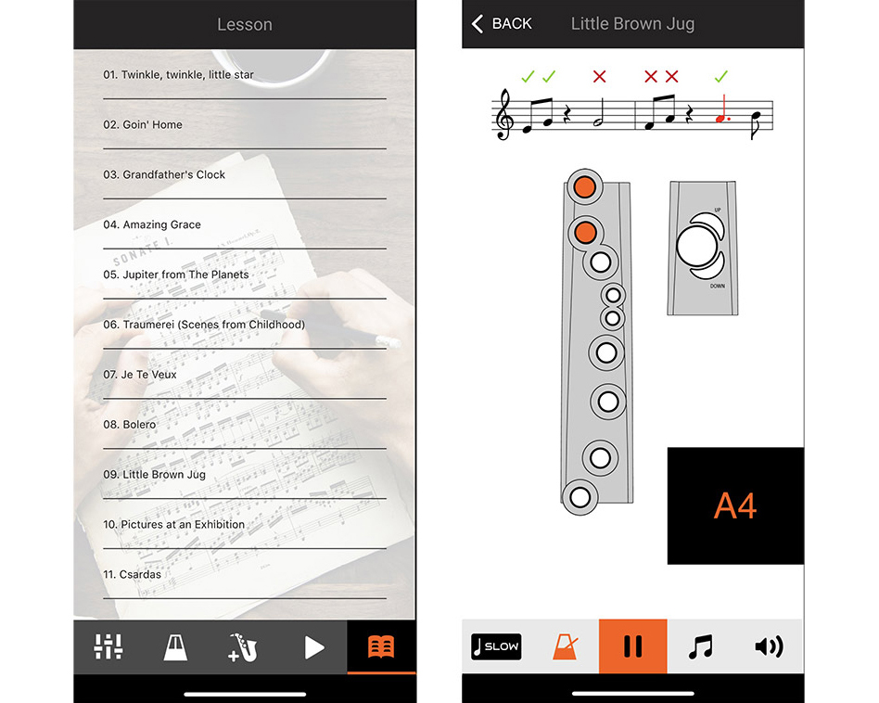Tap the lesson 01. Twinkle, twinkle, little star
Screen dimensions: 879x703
(178, 74)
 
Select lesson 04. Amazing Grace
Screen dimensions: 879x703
(152, 224)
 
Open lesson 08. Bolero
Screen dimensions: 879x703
(130, 425)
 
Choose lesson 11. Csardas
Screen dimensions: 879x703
(132, 575)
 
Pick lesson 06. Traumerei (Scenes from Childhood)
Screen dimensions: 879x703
(204, 325)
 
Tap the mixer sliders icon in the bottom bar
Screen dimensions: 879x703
(108, 647)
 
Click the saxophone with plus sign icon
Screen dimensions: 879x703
(243, 647)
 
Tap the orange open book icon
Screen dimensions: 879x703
(381, 647)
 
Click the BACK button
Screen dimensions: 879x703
(502, 23)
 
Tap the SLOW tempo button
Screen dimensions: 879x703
(496, 647)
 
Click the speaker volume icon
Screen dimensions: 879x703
(770, 647)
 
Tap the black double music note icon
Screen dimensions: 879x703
(701, 647)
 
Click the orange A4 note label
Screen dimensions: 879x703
(735, 505)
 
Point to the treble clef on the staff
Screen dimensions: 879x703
(504, 114)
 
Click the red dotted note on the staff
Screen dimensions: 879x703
(722, 109)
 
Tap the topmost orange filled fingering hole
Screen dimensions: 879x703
(585, 186)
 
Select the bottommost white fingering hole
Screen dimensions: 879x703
(580, 497)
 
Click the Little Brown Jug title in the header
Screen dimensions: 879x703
(632, 23)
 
